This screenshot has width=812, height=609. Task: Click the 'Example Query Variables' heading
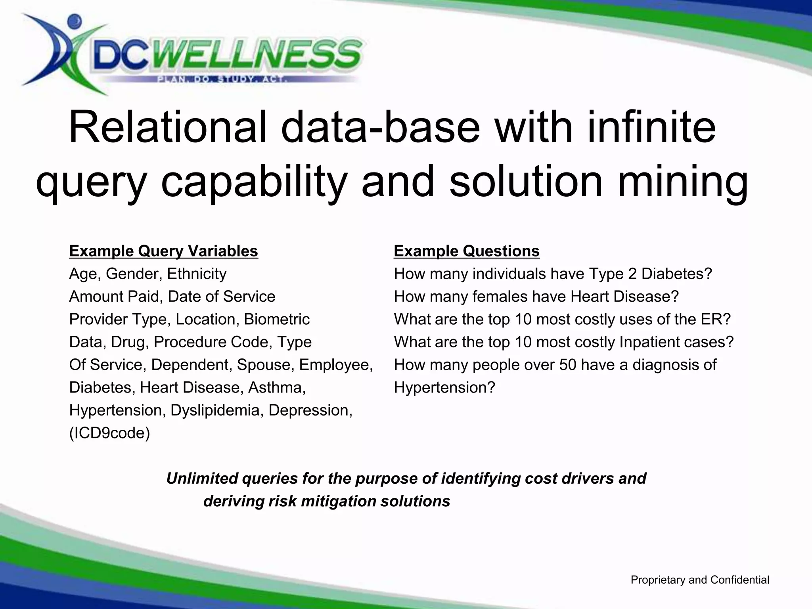coord(163,251)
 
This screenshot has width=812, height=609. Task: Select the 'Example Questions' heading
coord(467,251)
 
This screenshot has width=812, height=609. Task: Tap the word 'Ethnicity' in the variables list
coord(197,274)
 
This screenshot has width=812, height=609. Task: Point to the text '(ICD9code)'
coord(110,433)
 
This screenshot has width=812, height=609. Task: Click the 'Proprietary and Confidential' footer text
coord(700,580)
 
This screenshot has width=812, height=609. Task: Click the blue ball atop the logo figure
coord(74,21)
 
